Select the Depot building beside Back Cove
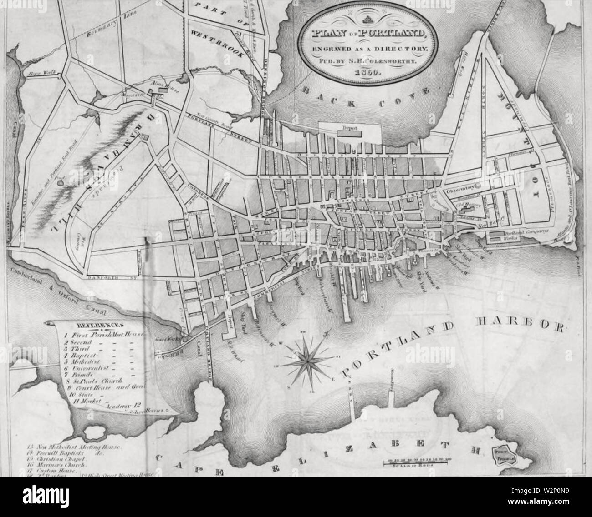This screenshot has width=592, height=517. click(349, 132)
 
